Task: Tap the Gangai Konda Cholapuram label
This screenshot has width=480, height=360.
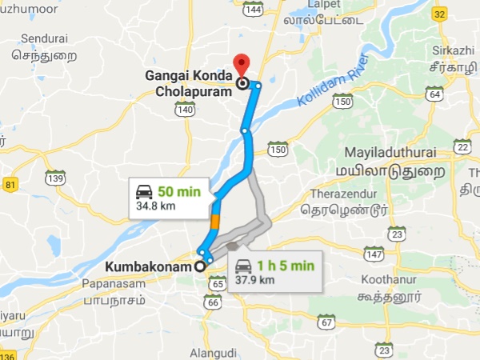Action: (189, 83)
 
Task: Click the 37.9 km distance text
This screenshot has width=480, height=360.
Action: (255, 280)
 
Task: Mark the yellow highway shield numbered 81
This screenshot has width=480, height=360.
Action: (10, 185)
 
